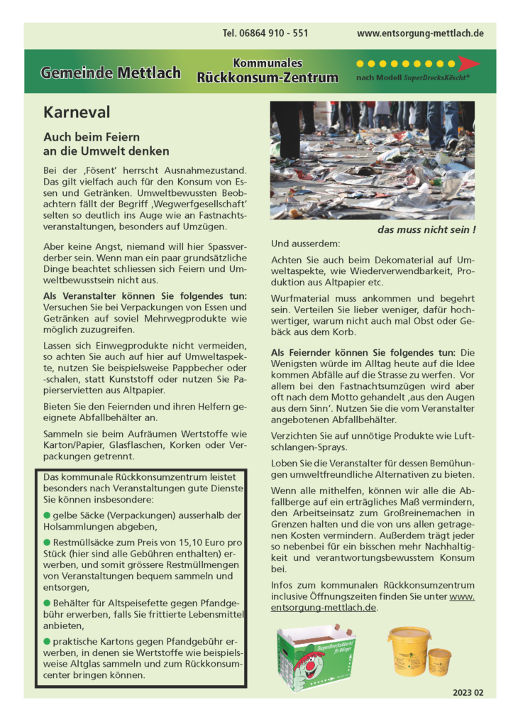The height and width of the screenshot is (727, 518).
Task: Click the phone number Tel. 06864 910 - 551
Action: coord(265,33)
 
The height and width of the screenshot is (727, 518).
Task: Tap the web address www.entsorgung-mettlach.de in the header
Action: coord(420,33)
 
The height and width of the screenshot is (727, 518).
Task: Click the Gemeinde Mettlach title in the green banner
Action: coord(110,72)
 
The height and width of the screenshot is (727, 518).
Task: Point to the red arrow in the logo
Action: coord(468,63)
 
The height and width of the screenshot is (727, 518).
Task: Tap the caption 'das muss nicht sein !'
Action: coord(426,230)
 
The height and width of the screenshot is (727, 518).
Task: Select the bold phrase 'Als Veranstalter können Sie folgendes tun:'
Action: coord(145,295)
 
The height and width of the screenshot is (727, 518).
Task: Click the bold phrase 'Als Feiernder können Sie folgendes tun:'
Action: coord(365,352)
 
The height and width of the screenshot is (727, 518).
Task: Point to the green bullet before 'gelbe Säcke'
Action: coord(48,515)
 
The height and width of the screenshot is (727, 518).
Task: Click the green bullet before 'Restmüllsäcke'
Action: coord(48,542)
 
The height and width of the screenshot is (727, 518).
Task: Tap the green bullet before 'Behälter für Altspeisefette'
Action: coord(48,603)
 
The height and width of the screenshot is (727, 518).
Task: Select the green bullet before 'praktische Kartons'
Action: coord(48,642)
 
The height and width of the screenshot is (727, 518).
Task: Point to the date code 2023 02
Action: coord(468,692)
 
